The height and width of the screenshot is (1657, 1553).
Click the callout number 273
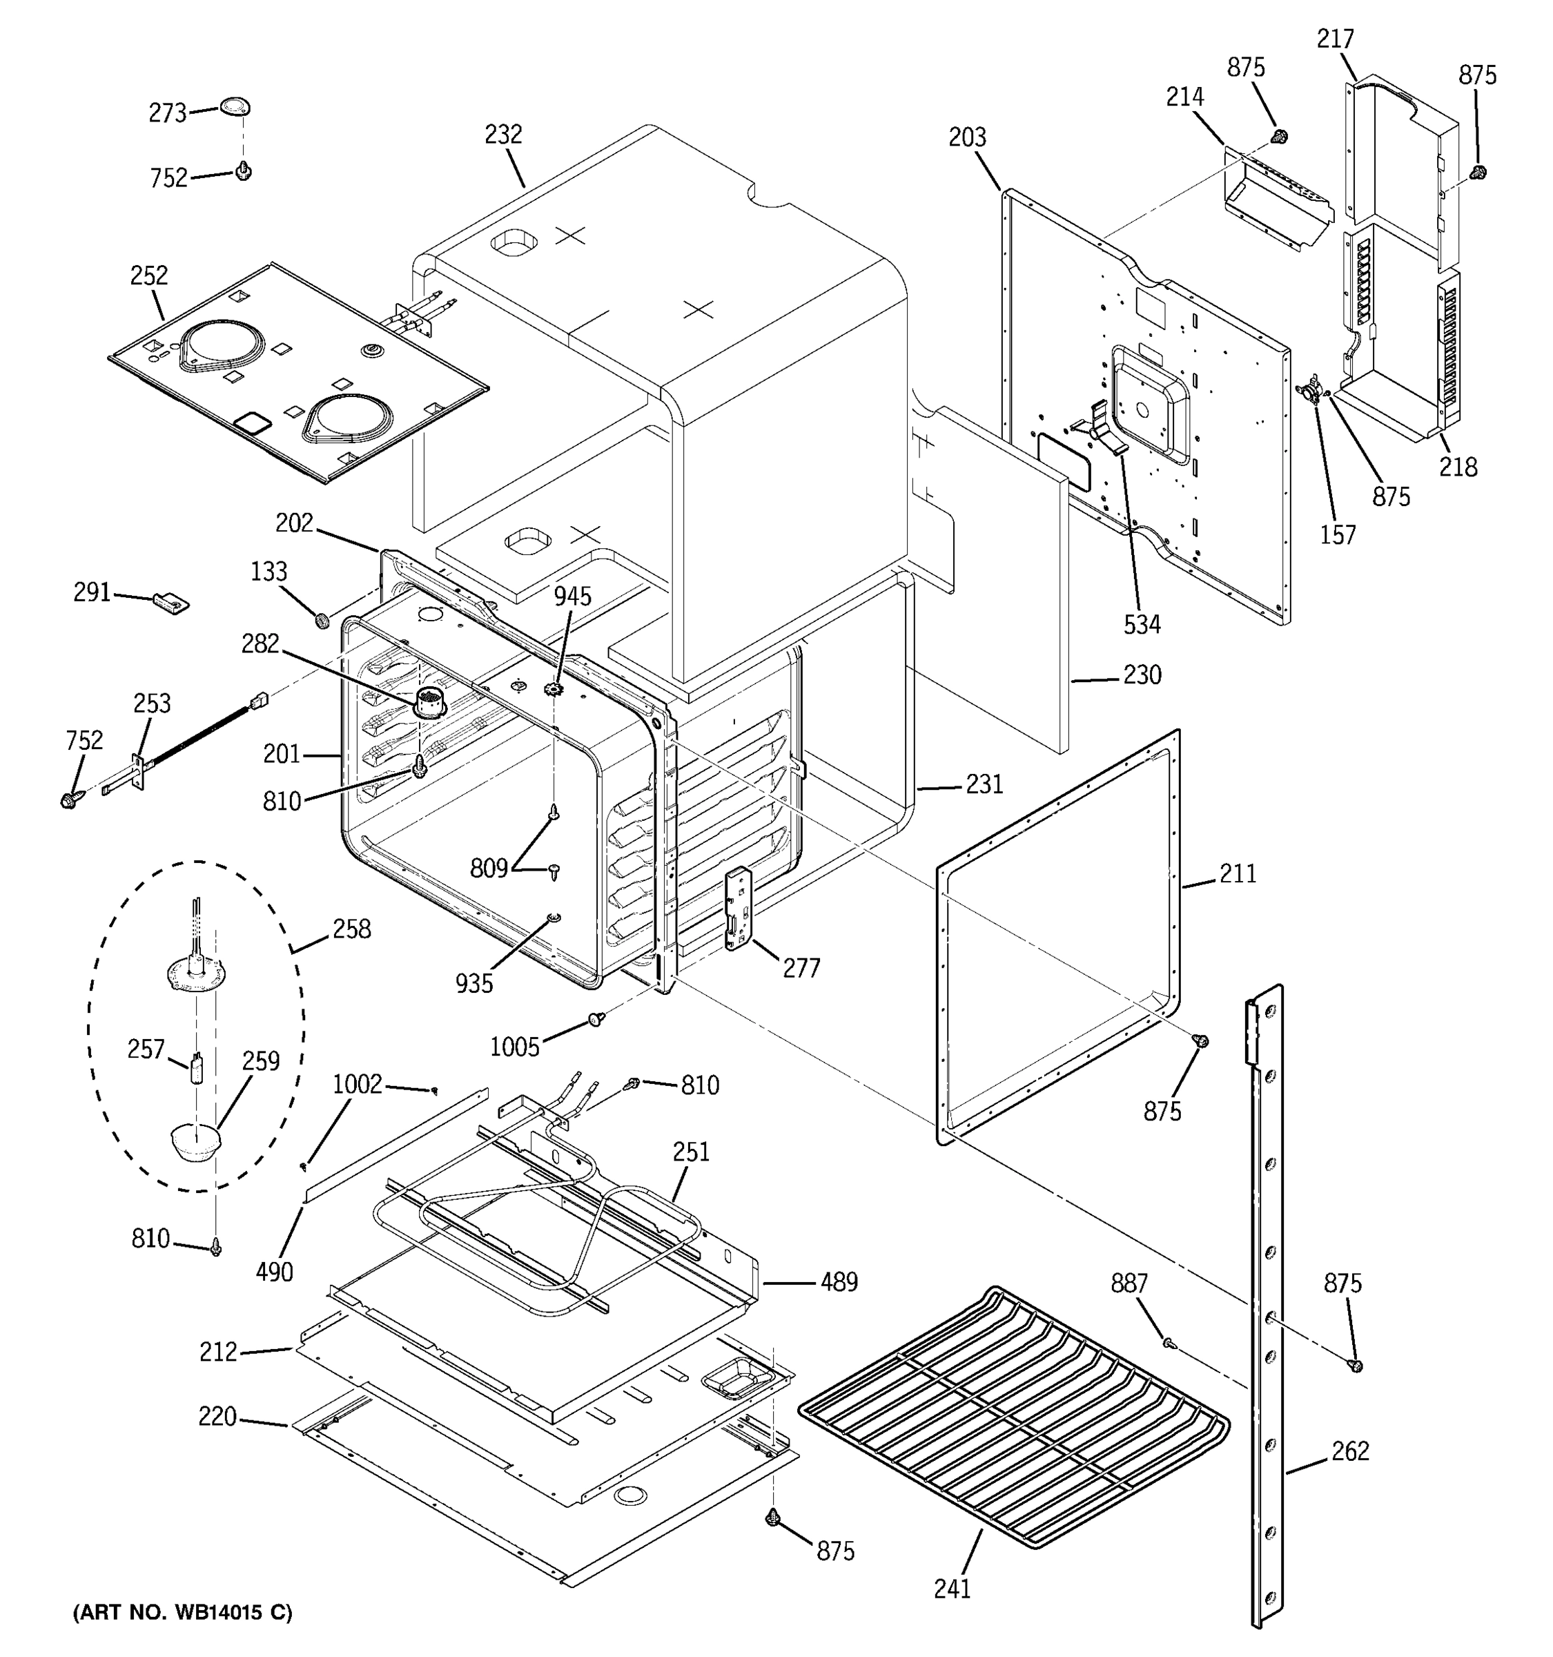166,113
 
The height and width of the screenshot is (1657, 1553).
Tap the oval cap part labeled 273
235,107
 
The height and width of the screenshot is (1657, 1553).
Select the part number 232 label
503,134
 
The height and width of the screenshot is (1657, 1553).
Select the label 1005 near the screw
514,1047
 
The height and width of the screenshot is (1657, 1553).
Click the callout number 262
1349,1451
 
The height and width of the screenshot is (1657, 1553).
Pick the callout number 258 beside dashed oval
351,929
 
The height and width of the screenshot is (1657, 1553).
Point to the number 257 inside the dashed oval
146,1049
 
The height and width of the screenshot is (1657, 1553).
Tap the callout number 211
1238,873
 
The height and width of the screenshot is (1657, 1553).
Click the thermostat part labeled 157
1311,390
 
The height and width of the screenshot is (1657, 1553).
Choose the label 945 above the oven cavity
572,596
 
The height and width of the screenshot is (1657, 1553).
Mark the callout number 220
217,1416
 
